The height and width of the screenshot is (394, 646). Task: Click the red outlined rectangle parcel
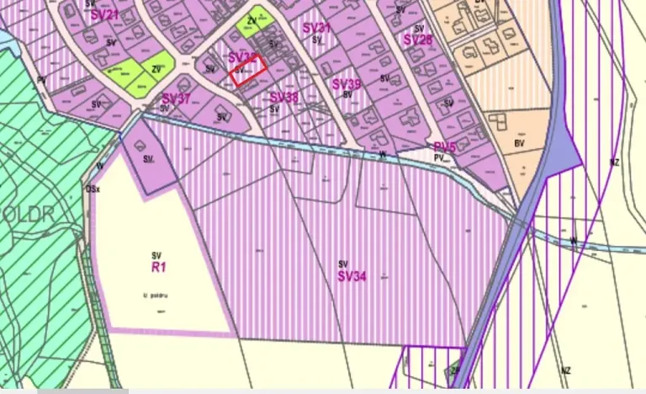point(247,69)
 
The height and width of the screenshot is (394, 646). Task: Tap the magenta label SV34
point(352,276)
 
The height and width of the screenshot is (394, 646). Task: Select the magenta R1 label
point(156,266)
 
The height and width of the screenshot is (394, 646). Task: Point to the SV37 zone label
point(176,98)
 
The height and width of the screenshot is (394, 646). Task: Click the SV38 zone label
point(284,98)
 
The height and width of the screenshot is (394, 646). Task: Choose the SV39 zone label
point(347,84)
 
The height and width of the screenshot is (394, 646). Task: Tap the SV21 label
point(105,15)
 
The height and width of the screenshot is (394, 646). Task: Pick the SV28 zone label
point(417,40)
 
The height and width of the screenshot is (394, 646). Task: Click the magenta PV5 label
point(444,147)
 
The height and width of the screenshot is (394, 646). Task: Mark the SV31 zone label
point(316,29)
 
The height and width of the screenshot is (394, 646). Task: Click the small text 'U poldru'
point(156,295)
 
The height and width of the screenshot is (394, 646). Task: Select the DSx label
point(93,189)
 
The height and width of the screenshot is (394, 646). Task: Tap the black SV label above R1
point(156,254)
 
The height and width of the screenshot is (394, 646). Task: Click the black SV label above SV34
point(343,264)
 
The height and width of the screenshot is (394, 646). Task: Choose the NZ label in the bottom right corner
point(565,370)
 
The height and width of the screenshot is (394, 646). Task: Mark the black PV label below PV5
point(438,157)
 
